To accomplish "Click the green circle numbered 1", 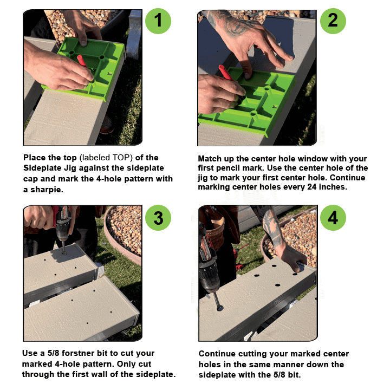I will pos(158,21).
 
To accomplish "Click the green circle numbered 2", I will pos(333,21).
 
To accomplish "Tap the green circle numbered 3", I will pos(158,217).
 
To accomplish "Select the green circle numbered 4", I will pos(333,218).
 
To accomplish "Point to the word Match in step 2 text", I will pos(210,159).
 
